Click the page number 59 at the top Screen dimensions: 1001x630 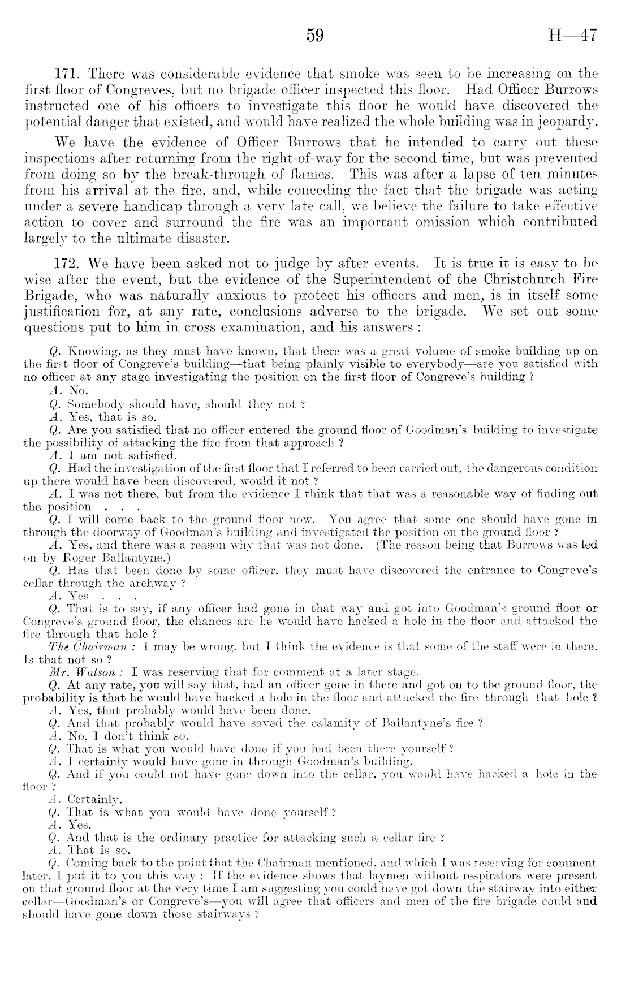pyautogui.click(x=315, y=36)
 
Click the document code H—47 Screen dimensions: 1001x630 pyautogui.click(x=573, y=36)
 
